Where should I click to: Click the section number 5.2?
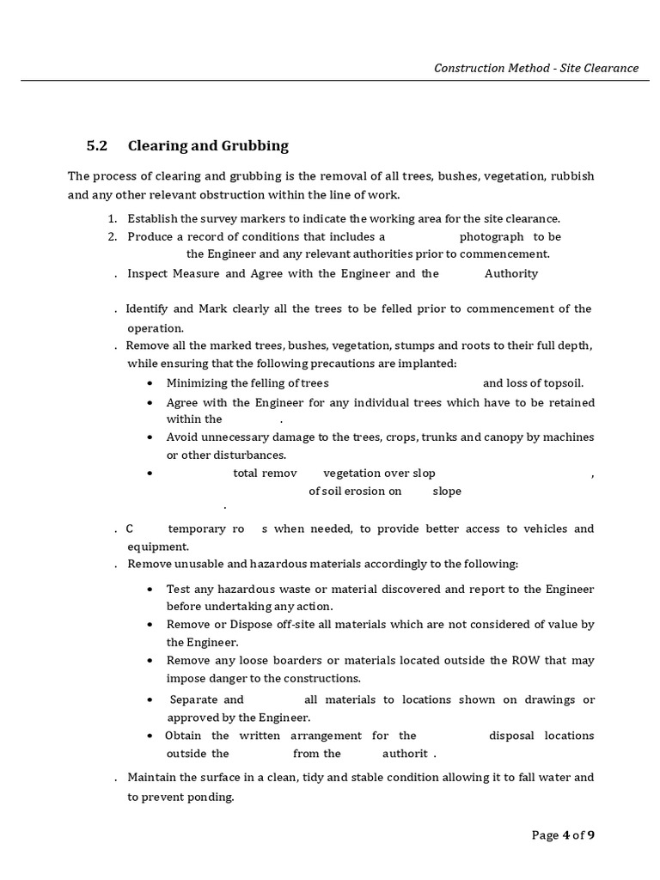(96, 145)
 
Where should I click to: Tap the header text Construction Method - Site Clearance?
(536, 68)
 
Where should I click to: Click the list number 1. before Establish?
(112, 219)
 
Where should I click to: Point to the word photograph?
(491, 236)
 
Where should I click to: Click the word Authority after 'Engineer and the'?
(511, 273)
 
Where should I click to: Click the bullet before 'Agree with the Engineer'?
(150, 403)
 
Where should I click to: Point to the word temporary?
(197, 529)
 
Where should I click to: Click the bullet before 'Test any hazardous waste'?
(150, 590)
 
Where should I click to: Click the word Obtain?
(185, 736)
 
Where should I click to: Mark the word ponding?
(212, 797)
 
